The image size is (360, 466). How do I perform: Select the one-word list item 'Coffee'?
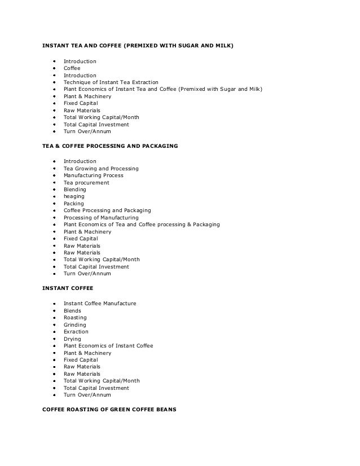(72, 68)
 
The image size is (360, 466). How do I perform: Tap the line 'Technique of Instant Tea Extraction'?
(111, 82)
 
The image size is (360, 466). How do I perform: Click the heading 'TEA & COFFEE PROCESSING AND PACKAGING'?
(110, 146)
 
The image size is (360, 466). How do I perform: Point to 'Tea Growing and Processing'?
(101, 169)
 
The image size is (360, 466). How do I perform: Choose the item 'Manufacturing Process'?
(93, 175)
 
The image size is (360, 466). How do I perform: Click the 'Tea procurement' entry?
(86, 183)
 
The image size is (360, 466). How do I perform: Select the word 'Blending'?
(74, 190)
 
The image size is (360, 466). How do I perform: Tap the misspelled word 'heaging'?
(73, 197)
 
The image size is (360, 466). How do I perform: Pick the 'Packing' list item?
(73, 204)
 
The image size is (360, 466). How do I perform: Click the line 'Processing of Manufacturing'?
(100, 218)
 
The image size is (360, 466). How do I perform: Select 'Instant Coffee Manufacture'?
(100, 304)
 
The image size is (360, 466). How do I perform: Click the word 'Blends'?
(72, 311)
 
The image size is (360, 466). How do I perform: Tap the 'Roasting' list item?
(75, 318)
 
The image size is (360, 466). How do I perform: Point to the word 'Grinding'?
(74, 325)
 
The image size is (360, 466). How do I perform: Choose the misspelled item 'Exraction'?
(76, 332)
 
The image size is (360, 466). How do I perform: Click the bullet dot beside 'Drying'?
(54, 339)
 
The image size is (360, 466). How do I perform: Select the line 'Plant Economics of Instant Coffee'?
(108, 346)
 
